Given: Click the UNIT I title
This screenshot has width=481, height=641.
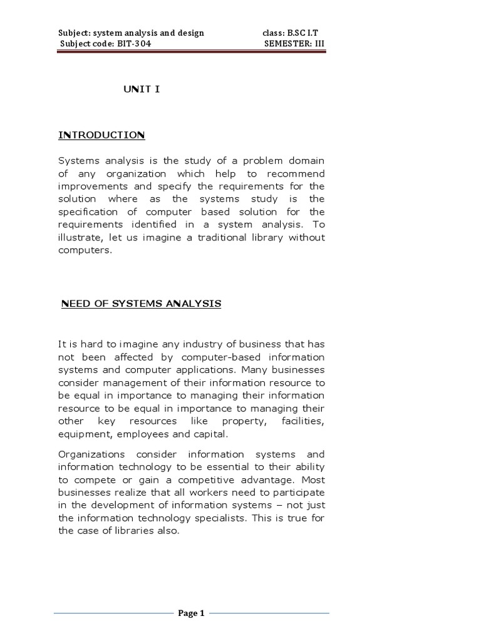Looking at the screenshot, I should pos(141,90).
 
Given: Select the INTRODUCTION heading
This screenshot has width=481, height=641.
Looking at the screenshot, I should pos(101,135).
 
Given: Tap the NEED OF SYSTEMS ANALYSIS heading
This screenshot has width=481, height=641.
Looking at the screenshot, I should pos(141,304).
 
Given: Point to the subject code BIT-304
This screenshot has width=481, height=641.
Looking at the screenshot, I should pos(133,44).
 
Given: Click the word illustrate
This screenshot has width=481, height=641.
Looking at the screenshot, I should pos(78,237).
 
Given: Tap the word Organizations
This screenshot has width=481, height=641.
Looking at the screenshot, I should pos(91,454).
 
